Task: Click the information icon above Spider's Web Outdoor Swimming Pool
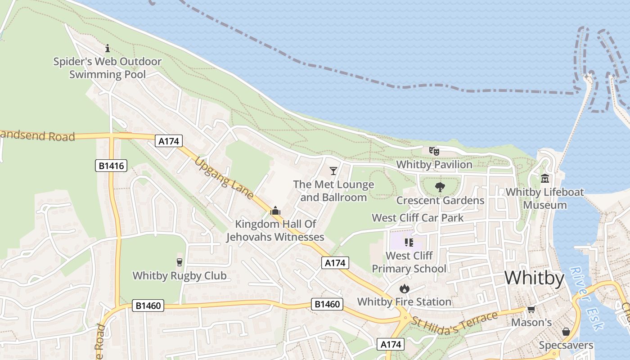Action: tap(108, 48)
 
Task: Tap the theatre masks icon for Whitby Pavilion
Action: tap(434, 151)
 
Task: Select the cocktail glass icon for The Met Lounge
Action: tap(333, 171)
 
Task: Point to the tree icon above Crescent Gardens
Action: tap(440, 187)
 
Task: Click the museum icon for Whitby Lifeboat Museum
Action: tap(545, 179)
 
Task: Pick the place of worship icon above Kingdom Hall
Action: tap(275, 211)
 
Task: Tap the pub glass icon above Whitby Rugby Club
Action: tap(180, 262)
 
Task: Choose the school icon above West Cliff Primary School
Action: tap(409, 243)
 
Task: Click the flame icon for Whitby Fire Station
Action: tap(404, 288)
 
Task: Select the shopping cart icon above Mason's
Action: tap(531, 309)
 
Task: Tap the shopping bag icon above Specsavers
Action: tap(566, 332)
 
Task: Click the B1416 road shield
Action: tap(111, 166)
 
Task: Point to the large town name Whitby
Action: tap(534, 278)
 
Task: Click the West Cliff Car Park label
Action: tap(418, 218)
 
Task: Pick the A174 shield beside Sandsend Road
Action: tap(169, 141)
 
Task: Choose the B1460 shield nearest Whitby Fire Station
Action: tap(327, 304)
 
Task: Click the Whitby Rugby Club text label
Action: tap(180, 275)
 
